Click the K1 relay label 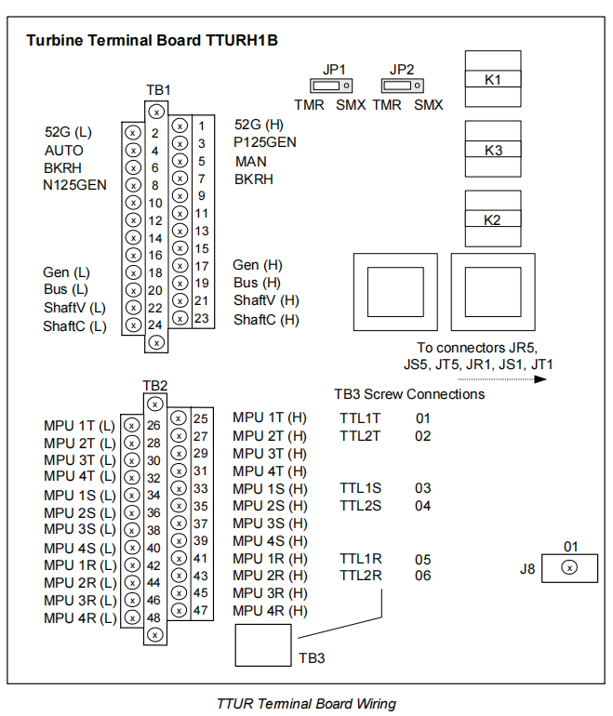coord(492,80)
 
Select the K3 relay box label coord(493,151)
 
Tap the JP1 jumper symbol coord(331,86)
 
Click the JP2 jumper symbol coord(403,86)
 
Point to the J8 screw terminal coord(569,567)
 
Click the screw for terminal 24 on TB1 coord(133,325)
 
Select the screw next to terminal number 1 coord(180,126)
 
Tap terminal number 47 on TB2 coord(201,610)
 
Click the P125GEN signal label coord(265,142)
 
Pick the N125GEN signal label coord(75,185)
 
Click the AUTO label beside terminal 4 coord(64,151)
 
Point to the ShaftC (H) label coord(266,320)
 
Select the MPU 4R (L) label coord(80,618)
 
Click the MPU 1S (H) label coord(270,488)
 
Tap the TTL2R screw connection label coord(360,576)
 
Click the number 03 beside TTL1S coord(423,488)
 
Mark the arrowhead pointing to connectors coord(540,379)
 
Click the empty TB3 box coord(263,645)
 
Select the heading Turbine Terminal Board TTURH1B coord(153,40)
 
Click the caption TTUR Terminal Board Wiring coord(307,704)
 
